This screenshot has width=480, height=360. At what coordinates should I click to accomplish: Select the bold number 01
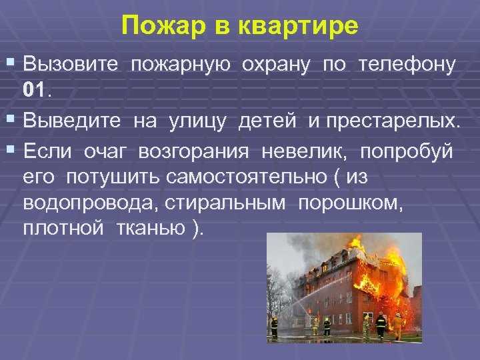pyautogui.click(x=34, y=89)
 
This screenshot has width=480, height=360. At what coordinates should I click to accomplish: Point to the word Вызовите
pyautogui.click(x=71, y=65)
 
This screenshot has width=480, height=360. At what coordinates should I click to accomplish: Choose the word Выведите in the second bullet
pyautogui.click(x=72, y=121)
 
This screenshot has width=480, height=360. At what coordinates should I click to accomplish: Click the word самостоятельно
pyautogui.click(x=233, y=178)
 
